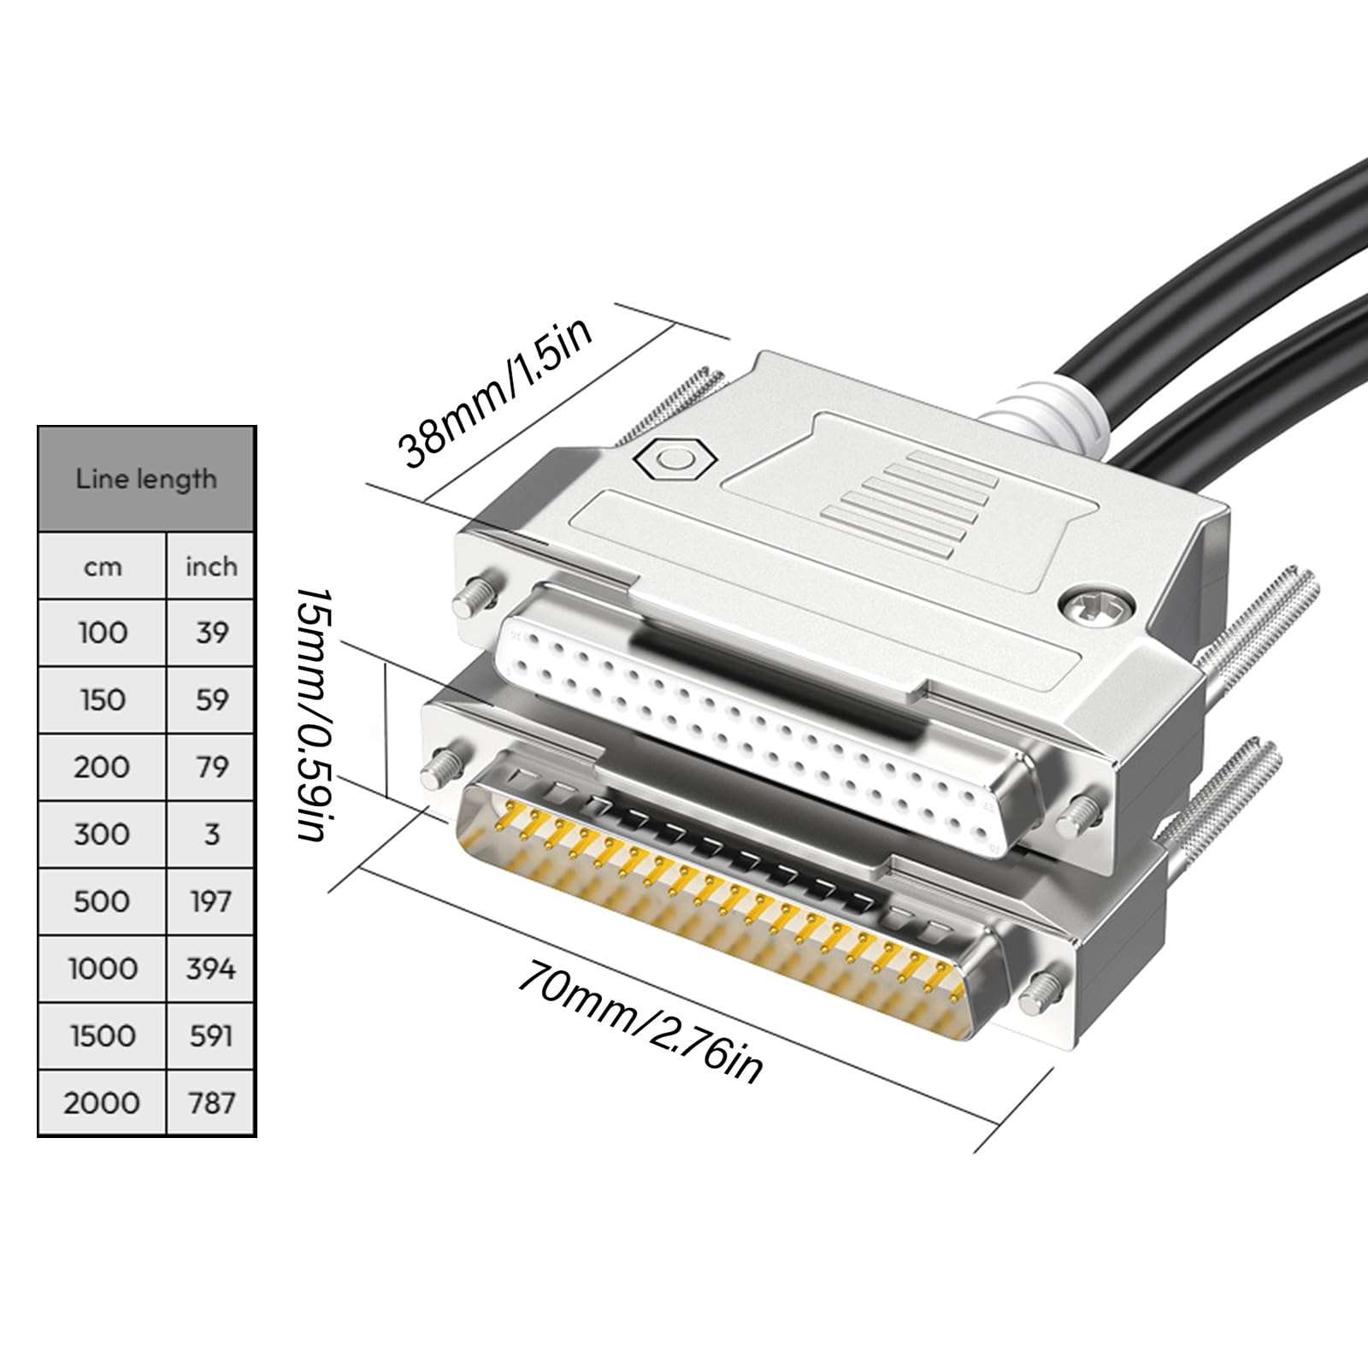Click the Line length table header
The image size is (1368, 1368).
[146, 479]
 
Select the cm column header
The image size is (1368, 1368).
[103, 567]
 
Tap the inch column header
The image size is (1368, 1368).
[211, 567]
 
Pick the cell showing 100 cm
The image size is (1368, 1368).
[103, 633]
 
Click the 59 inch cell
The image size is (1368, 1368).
[211, 700]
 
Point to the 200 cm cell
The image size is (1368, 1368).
[103, 767]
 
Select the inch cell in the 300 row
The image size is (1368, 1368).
[211, 834]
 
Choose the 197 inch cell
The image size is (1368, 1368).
[211, 901]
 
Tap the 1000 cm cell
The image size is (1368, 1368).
[103, 969]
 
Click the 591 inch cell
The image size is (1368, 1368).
[211, 1035]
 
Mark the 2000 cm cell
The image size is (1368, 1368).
[103, 1103]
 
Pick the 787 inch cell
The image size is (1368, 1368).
[211, 1103]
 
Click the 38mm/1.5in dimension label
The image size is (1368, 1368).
[497, 394]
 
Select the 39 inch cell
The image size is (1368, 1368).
[211, 633]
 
